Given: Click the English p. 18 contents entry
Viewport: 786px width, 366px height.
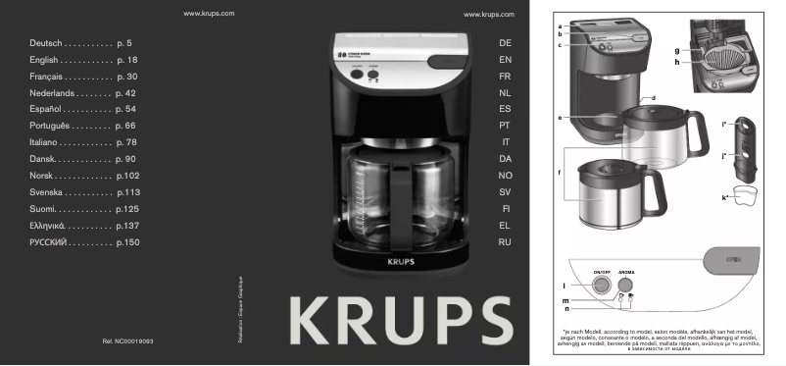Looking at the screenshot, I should (83, 61).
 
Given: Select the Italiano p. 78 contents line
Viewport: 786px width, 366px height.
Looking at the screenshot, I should (83, 142).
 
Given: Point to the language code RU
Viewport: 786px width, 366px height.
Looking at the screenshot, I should (505, 241).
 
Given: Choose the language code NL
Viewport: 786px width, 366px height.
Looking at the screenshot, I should (505, 93).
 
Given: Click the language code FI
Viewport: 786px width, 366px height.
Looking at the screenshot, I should (505, 208).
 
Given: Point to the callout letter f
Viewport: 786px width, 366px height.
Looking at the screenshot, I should (559, 173).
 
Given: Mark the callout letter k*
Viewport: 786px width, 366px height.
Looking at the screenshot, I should (724, 198).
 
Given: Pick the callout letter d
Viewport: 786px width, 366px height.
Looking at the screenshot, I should (652, 99).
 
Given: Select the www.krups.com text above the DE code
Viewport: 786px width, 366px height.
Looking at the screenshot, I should (488, 16).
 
